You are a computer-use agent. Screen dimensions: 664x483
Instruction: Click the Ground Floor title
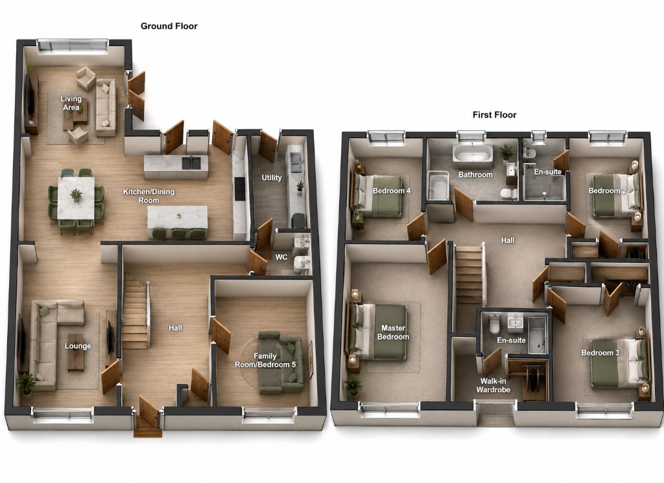click(x=169, y=26)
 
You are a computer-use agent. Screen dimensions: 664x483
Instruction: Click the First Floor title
click(x=494, y=115)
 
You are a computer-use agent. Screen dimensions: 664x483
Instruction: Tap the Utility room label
click(x=272, y=178)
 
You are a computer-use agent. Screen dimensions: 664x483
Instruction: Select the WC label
click(x=281, y=257)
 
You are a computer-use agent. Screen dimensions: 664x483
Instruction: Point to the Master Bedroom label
click(x=393, y=332)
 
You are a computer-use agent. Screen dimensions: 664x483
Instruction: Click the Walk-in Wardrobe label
click(x=493, y=386)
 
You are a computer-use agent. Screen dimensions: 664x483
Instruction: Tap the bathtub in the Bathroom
click(x=473, y=153)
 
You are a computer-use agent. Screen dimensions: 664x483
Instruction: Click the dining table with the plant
click(x=77, y=198)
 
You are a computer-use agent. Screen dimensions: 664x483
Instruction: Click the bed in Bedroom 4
click(x=377, y=195)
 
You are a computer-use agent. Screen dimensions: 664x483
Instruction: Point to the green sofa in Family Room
click(x=281, y=362)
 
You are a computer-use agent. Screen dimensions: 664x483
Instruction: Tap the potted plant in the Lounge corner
click(x=26, y=384)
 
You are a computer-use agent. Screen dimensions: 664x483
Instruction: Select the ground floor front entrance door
click(x=148, y=413)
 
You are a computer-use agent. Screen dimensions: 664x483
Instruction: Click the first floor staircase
click(x=469, y=276)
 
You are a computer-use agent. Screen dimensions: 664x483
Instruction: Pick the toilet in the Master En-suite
click(x=493, y=325)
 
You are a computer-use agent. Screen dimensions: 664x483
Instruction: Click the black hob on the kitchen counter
click(x=239, y=189)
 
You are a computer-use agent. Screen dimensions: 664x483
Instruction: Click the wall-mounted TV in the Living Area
click(x=29, y=96)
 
